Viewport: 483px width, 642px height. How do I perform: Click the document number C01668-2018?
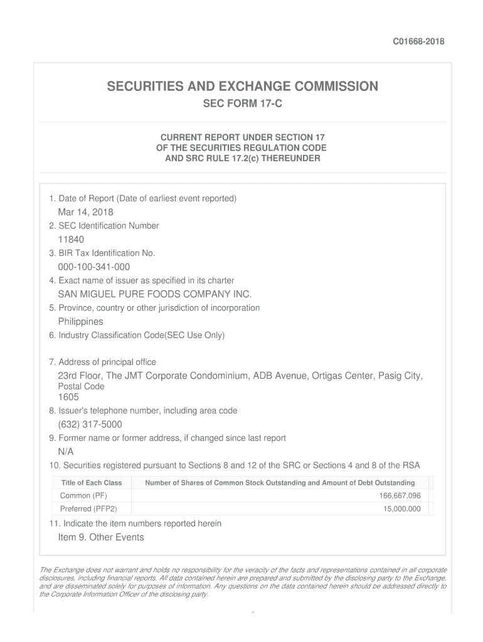418,41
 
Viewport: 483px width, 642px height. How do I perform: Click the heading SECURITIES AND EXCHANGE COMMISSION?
242,86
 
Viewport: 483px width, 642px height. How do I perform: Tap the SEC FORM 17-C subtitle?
242,103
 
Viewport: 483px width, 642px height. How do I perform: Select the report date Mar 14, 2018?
85,212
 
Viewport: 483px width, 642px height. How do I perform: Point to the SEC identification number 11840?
71,239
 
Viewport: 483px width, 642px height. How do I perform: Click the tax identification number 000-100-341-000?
94,267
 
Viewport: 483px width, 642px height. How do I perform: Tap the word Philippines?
80,322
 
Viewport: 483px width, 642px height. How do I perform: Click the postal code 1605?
68,397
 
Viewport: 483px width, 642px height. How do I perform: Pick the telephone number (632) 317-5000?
90,424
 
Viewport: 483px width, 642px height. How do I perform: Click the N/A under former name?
66,452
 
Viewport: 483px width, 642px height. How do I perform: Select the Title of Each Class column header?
92,483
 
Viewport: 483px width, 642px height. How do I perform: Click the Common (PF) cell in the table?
83,496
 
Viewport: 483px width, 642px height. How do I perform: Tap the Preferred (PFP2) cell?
88,509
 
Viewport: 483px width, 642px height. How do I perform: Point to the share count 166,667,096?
400,496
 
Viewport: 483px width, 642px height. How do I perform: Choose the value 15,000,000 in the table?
402,509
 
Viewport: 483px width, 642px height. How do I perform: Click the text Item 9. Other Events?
101,537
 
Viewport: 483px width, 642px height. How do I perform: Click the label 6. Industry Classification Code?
136,335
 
